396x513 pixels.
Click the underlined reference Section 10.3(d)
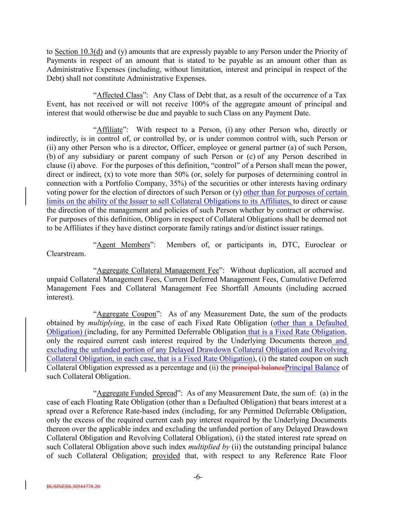click(79, 51)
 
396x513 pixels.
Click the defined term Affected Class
click(120, 95)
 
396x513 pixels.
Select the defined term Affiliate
click(110, 130)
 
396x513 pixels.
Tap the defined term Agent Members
click(123, 245)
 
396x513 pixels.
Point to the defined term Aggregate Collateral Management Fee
click(158, 270)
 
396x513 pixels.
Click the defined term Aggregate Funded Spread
click(137, 393)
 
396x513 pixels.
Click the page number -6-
click(198, 477)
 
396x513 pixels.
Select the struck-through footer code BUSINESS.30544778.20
click(74, 486)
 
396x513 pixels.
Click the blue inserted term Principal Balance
click(312, 368)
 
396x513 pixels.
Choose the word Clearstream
click(66, 254)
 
